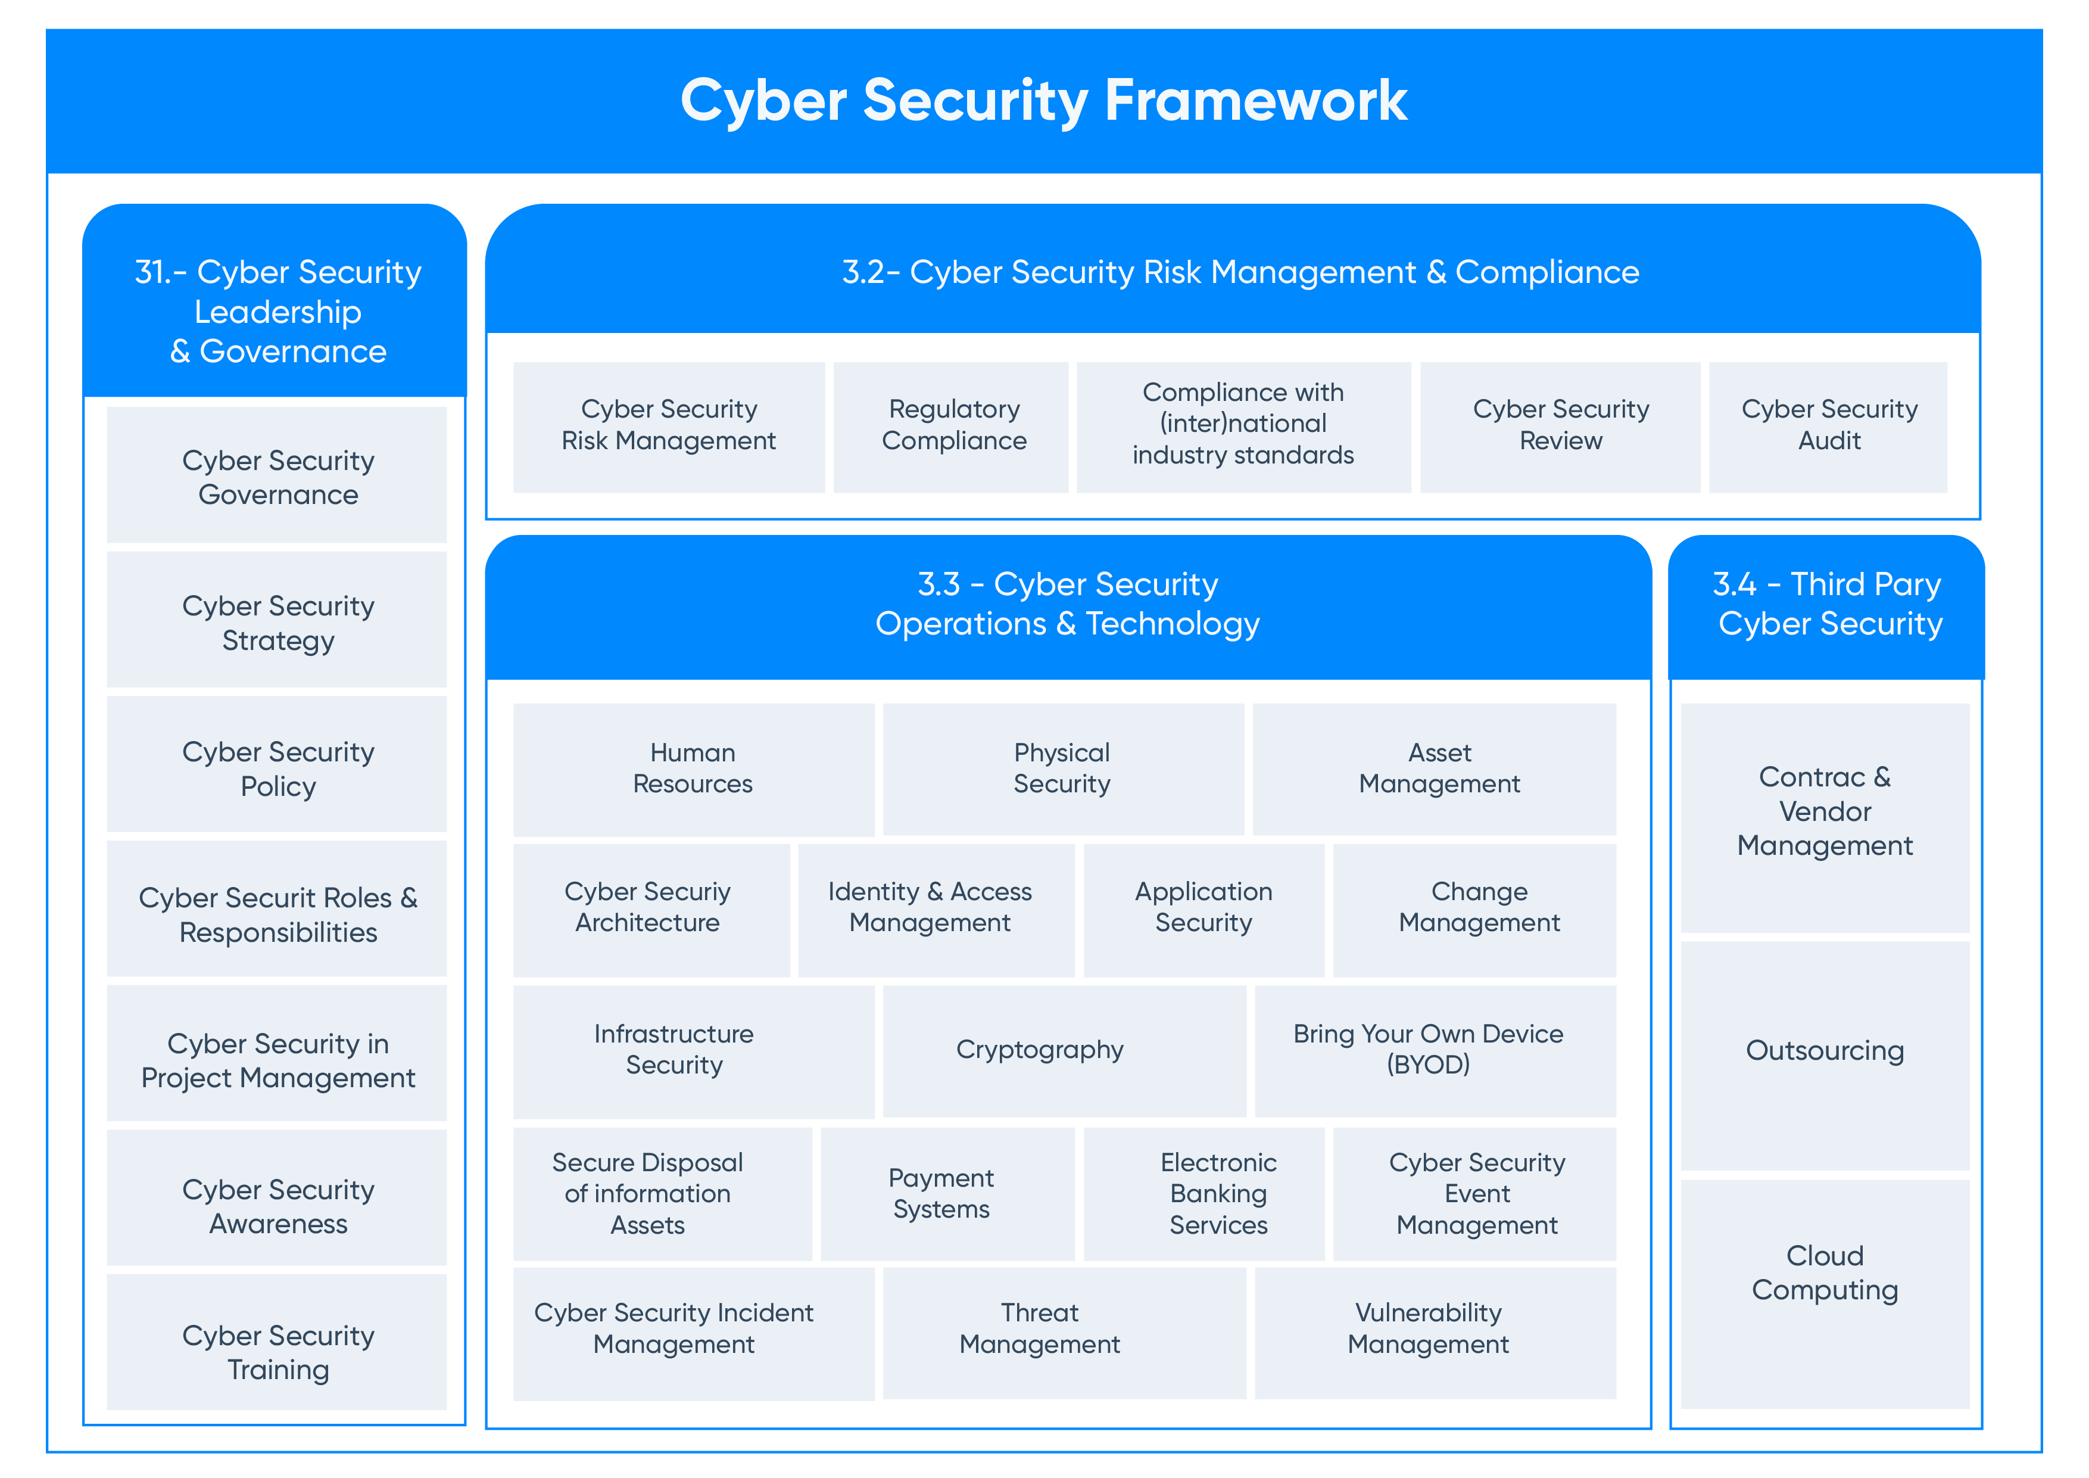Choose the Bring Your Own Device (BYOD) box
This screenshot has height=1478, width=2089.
[x=1434, y=1050]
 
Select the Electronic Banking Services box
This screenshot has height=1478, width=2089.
[x=1203, y=1193]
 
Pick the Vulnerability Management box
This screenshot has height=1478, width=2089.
[x=1434, y=1328]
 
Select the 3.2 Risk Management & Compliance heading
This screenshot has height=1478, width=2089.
[x=1240, y=272]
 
